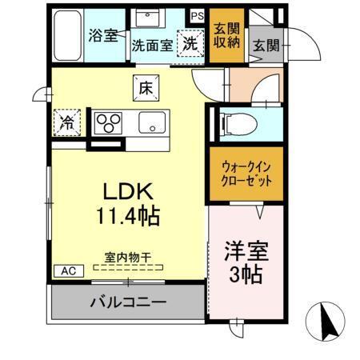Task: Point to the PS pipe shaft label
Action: tap(197, 15)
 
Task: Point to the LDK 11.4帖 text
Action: tap(129, 203)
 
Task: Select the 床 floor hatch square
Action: tap(146, 86)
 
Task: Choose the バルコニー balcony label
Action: tap(128, 303)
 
